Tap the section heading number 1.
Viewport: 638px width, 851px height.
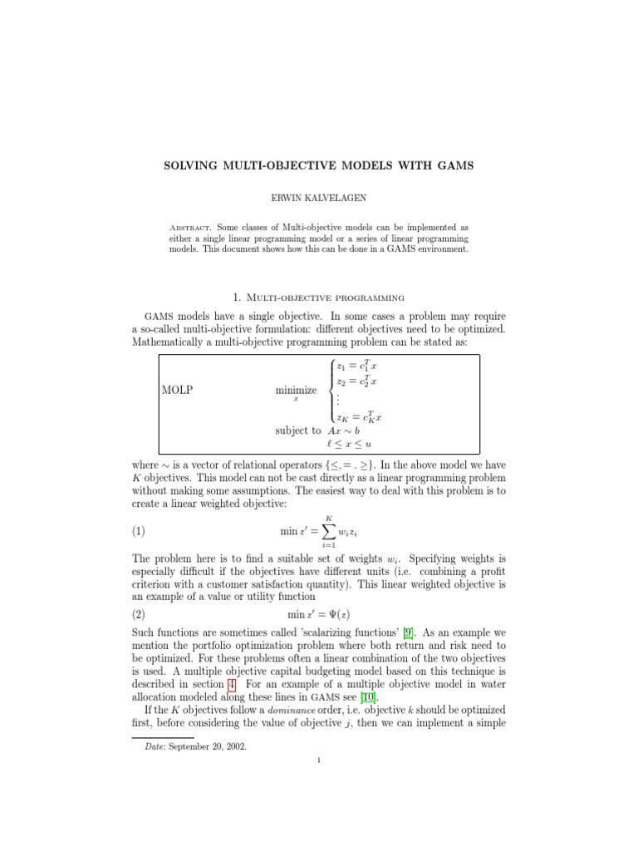pos(238,297)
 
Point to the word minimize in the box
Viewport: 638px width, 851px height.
pos(296,390)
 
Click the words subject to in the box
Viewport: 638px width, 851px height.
pos(297,430)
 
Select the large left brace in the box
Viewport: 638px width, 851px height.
pos(331,389)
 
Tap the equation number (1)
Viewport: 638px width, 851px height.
pos(140,530)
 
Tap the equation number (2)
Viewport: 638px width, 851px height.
pos(140,614)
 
